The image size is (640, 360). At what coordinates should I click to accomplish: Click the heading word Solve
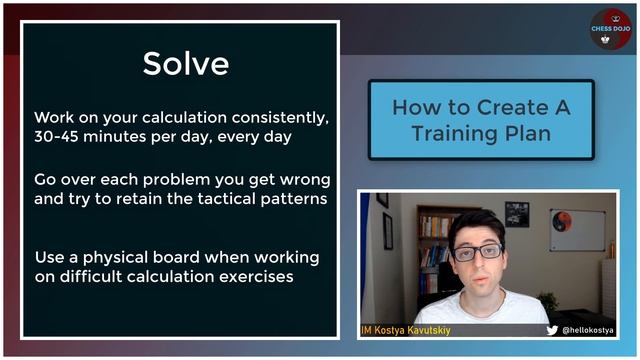pyautogui.click(x=185, y=63)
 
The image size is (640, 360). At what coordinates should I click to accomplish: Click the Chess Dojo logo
pyautogui.click(x=610, y=30)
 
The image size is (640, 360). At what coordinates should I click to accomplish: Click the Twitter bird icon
pyautogui.click(x=552, y=329)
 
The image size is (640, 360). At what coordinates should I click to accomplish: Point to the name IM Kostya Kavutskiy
pyautogui.click(x=406, y=329)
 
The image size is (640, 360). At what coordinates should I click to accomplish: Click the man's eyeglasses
pyautogui.click(x=477, y=252)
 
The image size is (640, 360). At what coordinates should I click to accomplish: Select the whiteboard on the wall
pyautogui.click(x=577, y=229)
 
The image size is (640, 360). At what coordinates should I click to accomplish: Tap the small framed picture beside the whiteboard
pyautogui.click(x=517, y=213)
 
